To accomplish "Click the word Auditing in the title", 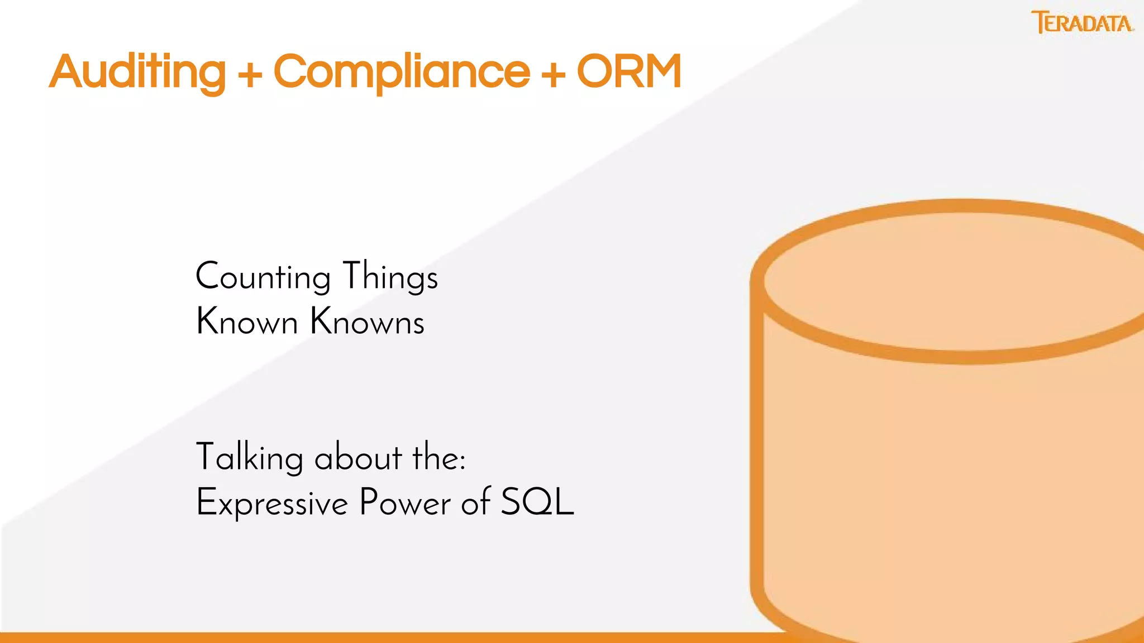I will (x=137, y=73).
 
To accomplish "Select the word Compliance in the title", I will (x=401, y=73).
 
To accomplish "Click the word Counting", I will (x=263, y=277).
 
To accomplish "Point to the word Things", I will (x=390, y=277).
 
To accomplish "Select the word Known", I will (x=247, y=322).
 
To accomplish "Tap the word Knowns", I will (x=367, y=322).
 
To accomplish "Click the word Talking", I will (x=249, y=458).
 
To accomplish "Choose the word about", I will (x=357, y=458).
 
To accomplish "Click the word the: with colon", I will (x=439, y=458).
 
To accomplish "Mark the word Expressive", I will (x=272, y=502).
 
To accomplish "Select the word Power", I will (x=405, y=502).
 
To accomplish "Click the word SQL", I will (x=537, y=502).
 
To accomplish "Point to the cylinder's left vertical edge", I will (x=757, y=447).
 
